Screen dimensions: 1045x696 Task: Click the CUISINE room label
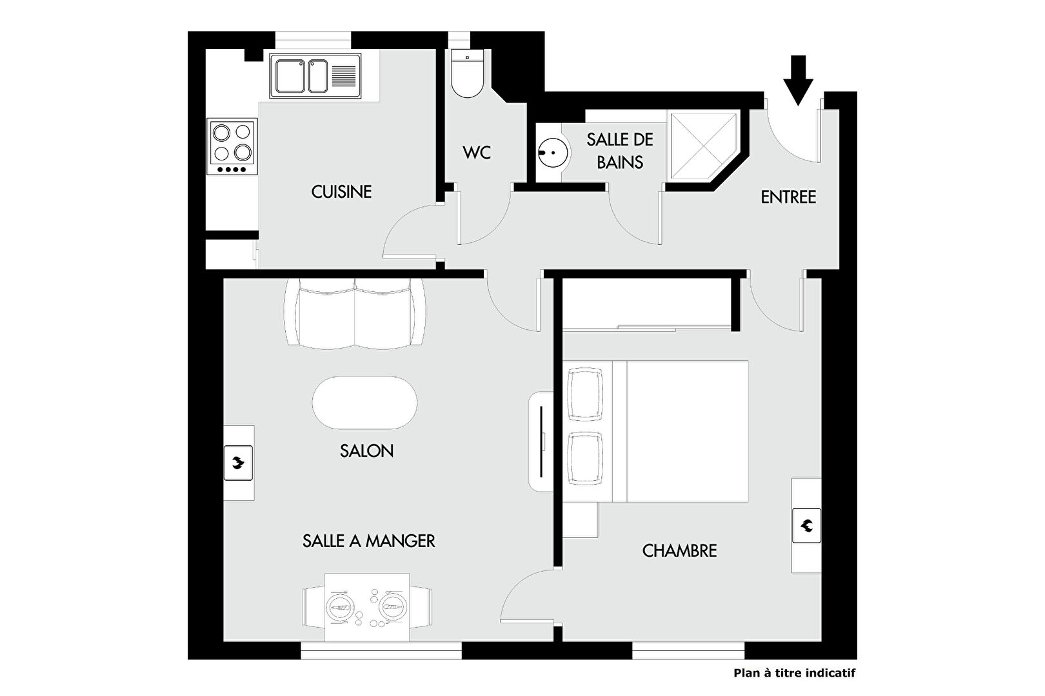[x=341, y=191]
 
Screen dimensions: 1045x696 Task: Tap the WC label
[x=477, y=153]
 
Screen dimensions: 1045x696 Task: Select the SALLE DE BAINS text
[x=620, y=151]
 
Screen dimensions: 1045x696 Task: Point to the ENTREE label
[x=788, y=197]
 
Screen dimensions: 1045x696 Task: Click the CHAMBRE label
[x=680, y=550]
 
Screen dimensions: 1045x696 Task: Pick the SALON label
[x=366, y=451]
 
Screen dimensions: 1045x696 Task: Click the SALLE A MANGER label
[x=369, y=541]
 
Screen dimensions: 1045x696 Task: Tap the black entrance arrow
[x=798, y=81]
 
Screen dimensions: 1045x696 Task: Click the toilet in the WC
[x=468, y=73]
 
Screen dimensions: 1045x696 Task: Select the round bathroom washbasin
[x=553, y=153]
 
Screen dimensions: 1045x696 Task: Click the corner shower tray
[x=704, y=146]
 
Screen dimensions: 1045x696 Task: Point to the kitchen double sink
[x=315, y=75]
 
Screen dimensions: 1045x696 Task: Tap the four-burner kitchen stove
[x=232, y=147]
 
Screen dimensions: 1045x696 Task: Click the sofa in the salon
[x=355, y=313]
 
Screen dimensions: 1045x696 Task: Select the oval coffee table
[x=365, y=403]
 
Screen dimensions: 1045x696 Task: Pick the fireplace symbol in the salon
[x=239, y=463]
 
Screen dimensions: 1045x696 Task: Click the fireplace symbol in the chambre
[x=806, y=525]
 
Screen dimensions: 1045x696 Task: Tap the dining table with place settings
[x=367, y=608]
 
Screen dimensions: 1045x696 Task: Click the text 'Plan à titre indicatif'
[x=795, y=673]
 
